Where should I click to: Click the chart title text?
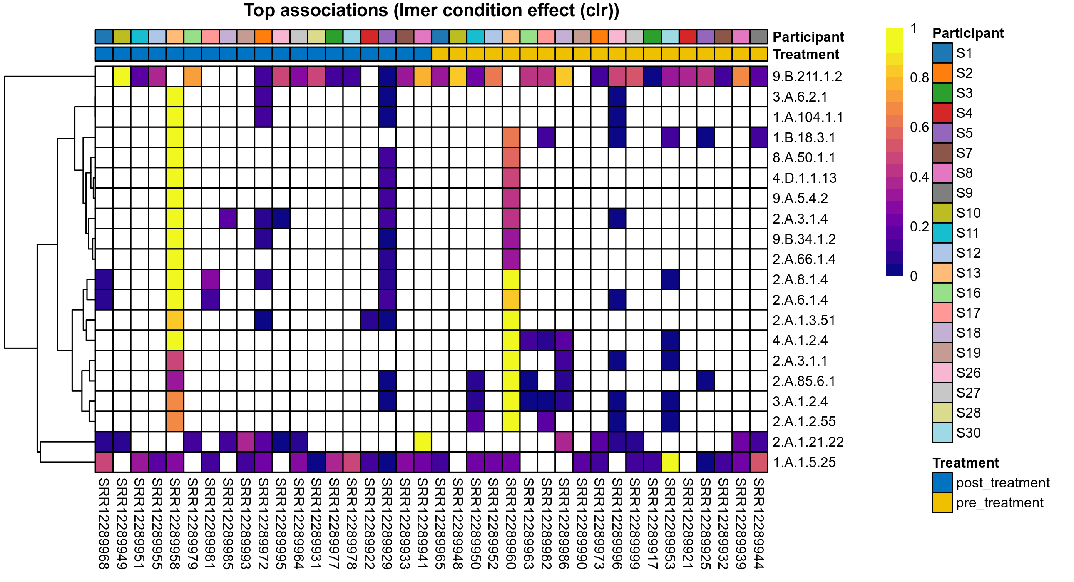pos(431,11)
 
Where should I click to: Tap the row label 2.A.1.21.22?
pos(808,442)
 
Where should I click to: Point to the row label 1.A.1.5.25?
pos(804,462)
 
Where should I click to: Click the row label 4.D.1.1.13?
pos(804,178)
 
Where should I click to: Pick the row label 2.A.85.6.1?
pos(803,381)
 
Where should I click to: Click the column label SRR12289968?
pos(104,523)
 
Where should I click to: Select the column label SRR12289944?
pos(758,523)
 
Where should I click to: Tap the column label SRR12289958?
pos(175,523)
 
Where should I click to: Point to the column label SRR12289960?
pos(511,523)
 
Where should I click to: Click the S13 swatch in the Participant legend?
pos(942,273)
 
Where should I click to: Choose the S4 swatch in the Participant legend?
pos(942,113)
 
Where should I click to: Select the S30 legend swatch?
pos(942,433)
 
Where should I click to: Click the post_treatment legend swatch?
pos(942,483)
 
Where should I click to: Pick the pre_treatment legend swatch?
pos(942,503)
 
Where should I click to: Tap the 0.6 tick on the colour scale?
pos(919,127)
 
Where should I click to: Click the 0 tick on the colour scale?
pos(913,276)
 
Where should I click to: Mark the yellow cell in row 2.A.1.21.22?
pos(423,442)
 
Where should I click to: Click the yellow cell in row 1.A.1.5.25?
pos(670,462)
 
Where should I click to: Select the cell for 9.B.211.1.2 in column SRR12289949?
pos(122,76)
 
